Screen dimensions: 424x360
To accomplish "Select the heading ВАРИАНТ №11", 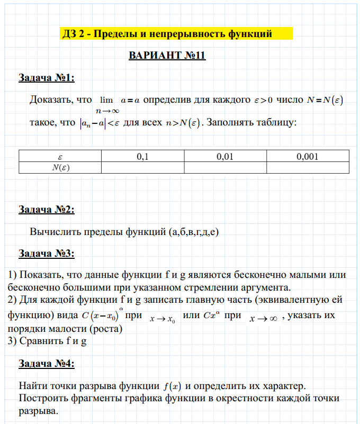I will coord(167,56).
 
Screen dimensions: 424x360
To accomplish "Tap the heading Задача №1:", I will coord(47,78).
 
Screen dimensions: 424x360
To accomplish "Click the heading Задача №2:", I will coord(47,210).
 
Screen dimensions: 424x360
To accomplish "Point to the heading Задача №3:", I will coord(47,253).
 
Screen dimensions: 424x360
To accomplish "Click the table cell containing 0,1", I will coord(142,157).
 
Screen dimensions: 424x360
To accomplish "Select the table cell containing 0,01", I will coord(225,157).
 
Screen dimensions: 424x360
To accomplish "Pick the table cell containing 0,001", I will coord(308,157).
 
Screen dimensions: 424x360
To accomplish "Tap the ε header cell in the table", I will coord(60,157).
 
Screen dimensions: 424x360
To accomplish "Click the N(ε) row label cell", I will coord(60,167).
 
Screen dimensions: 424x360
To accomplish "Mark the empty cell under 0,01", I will coord(225,167).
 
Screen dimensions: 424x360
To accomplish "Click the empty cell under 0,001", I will coord(308,167).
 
